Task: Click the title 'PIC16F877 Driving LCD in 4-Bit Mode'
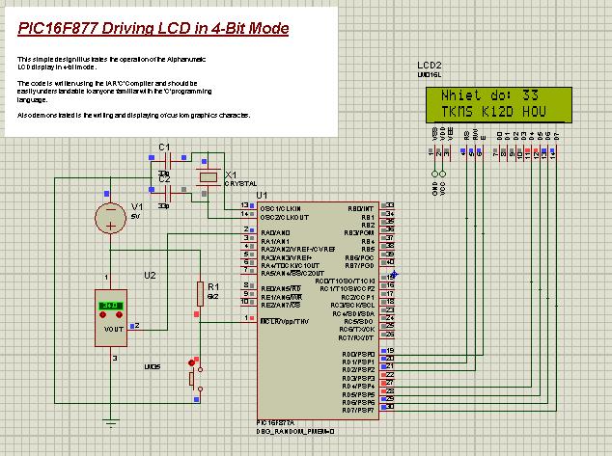153,28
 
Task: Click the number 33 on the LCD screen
529,97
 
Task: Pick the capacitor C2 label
163,179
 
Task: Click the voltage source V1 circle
113,218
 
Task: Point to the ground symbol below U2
113,421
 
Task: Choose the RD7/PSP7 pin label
358,410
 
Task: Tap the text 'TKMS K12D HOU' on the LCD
493,113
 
